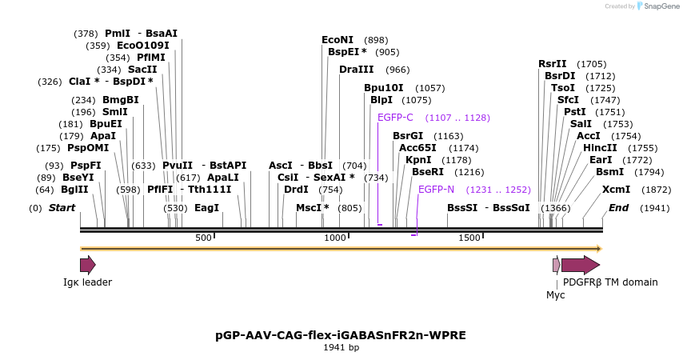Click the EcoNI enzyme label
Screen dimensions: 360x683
[337, 39]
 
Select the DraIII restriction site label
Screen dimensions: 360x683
[356, 70]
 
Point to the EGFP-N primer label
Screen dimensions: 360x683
[436, 190]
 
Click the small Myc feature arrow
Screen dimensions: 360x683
[557, 265]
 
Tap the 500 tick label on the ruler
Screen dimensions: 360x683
[203, 238]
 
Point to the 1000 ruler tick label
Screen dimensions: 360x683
[334, 238]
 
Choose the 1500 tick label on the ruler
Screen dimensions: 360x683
[469, 238]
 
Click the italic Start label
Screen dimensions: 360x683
[62, 208]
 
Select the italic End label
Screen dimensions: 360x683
[618, 208]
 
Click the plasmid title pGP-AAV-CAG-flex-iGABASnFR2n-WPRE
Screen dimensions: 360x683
[341, 334]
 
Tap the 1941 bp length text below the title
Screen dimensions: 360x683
[341, 347]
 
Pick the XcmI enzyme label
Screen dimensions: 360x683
[616, 190]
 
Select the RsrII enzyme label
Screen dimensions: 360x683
[552, 64]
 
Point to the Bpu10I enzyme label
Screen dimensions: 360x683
[383, 88]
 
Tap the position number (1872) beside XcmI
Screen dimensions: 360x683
[657, 190]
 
